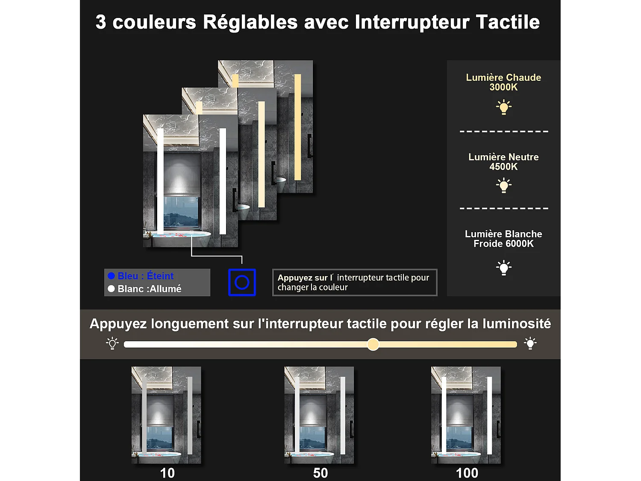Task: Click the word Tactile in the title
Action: pyautogui.click(x=508, y=22)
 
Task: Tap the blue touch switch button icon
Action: pyautogui.click(x=242, y=282)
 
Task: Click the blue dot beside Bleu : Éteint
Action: pyautogui.click(x=112, y=276)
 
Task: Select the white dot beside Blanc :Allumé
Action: pyautogui.click(x=112, y=289)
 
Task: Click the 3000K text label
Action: pyautogui.click(x=503, y=87)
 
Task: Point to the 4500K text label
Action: pyautogui.click(x=503, y=167)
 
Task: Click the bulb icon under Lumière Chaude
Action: pyautogui.click(x=504, y=107)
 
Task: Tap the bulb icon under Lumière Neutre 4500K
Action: pyautogui.click(x=504, y=186)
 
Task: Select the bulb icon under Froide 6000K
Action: pyautogui.click(x=504, y=268)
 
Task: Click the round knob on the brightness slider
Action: pyautogui.click(x=373, y=344)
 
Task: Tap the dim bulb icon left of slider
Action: pyautogui.click(x=112, y=343)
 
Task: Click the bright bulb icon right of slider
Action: pyautogui.click(x=530, y=343)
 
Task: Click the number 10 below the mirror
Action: pyautogui.click(x=167, y=473)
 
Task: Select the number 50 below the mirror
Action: pyautogui.click(x=320, y=473)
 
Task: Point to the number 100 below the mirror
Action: pyautogui.click(x=467, y=473)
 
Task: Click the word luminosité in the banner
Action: pyautogui.click(x=517, y=324)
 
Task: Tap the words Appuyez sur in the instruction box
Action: pyautogui.click(x=302, y=278)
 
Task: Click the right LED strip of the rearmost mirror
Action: pyautogui.click(x=297, y=127)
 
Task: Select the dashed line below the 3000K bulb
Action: pyautogui.click(x=504, y=131)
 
